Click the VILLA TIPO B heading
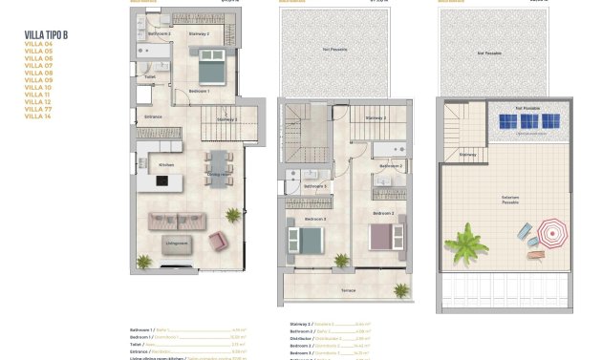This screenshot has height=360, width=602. (46, 35)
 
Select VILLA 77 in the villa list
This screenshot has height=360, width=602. (38, 110)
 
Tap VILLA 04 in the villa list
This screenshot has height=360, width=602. (38, 43)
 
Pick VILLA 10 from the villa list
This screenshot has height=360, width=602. (38, 87)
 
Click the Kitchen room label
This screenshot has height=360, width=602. (166, 165)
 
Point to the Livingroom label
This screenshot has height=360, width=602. (177, 243)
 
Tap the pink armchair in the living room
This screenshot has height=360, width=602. (217, 240)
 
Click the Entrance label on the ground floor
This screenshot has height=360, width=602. (153, 116)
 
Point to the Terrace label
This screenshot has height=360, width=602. (348, 289)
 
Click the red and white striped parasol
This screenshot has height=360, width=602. (551, 232)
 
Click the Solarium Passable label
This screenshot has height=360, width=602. (510, 201)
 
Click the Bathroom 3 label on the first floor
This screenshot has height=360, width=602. (317, 185)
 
